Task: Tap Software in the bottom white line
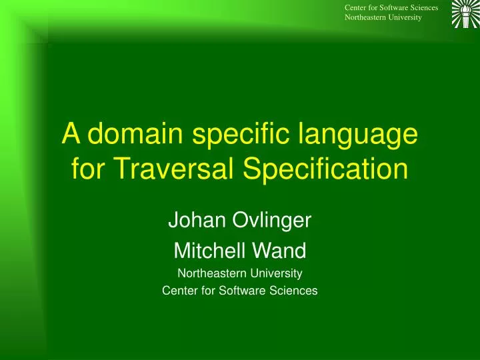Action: [239, 290]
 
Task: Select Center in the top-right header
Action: [356, 7]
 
